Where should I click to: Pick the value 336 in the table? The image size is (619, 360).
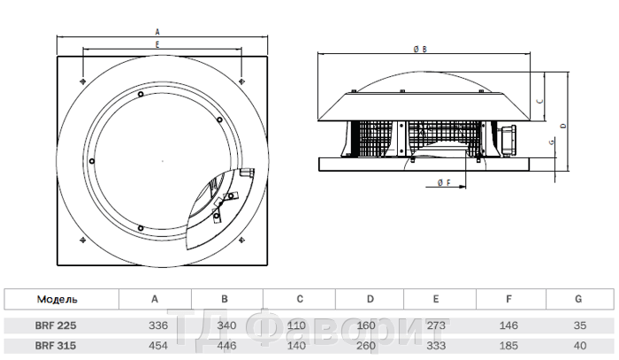[155, 326]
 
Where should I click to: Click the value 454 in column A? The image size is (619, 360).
[155, 346]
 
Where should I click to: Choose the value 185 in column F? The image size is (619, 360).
[510, 346]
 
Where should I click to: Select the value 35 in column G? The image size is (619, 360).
[580, 326]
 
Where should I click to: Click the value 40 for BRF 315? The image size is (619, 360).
[580, 346]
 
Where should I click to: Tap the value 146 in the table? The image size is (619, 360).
[510, 326]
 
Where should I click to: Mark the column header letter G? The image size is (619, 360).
[580, 299]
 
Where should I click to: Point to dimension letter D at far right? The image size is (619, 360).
[564, 126]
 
